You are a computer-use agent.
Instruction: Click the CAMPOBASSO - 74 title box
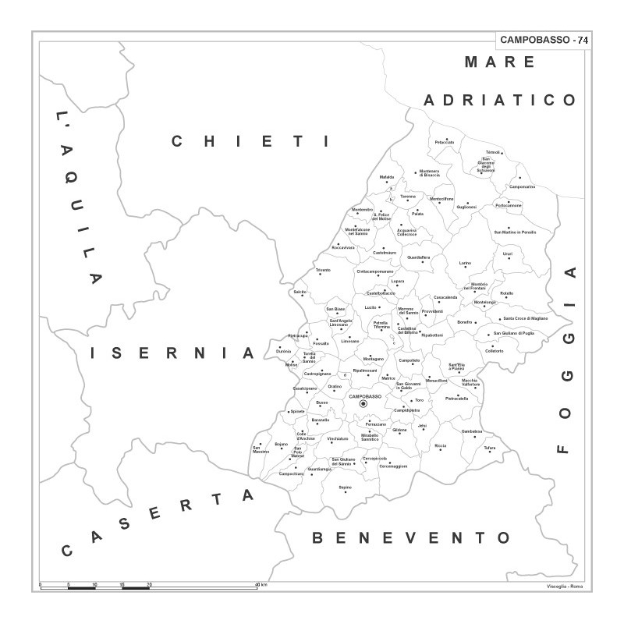click(544, 39)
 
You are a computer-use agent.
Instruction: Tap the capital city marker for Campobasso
click(363, 404)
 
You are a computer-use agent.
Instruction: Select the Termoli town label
click(492, 151)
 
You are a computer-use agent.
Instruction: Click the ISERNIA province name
click(172, 353)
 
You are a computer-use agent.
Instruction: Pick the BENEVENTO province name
click(411, 537)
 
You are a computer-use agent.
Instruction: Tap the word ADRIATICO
click(500, 100)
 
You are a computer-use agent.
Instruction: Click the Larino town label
click(465, 264)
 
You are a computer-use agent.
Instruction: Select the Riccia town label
click(441, 445)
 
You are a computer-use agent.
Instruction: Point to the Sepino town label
click(345, 487)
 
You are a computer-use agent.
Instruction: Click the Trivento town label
click(323, 270)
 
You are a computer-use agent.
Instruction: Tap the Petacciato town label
click(445, 142)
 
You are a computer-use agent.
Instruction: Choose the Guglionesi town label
click(466, 207)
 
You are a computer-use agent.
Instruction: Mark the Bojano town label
click(282, 444)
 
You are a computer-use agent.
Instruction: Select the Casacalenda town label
click(445, 297)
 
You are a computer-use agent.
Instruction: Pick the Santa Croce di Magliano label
click(525, 318)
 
